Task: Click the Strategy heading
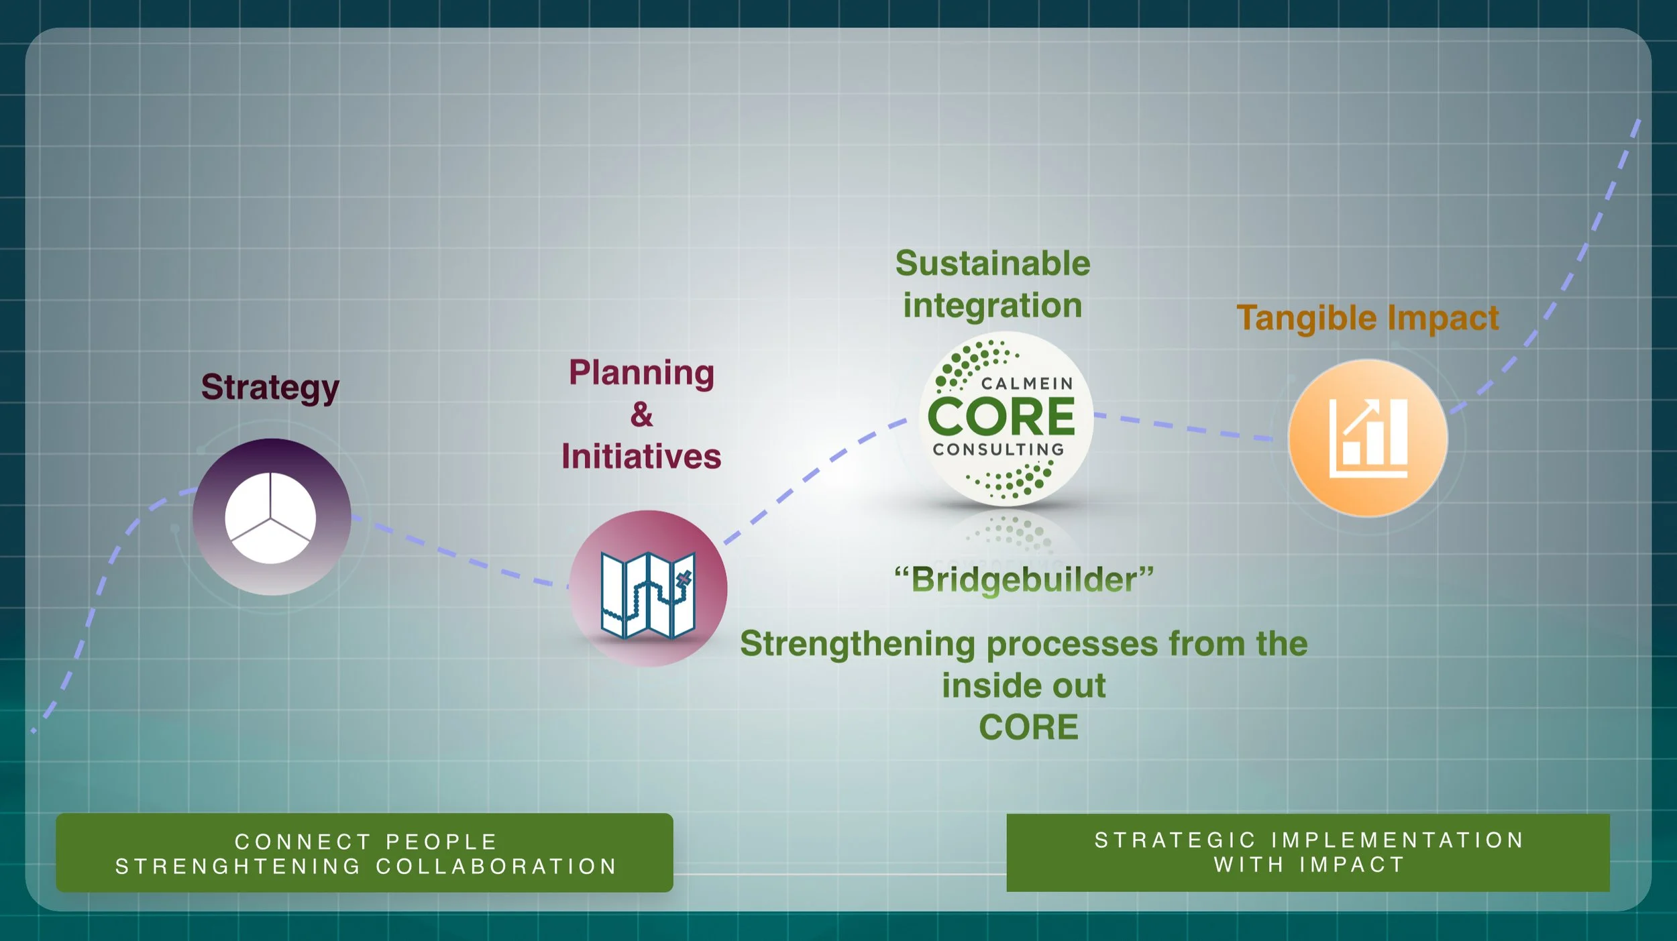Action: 270,388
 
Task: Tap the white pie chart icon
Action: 270,518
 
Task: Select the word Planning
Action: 641,373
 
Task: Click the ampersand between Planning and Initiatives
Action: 641,414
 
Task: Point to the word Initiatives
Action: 641,457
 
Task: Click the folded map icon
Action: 648,594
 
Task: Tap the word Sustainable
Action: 993,263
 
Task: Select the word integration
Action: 993,306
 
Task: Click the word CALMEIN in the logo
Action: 1027,384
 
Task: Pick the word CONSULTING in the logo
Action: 999,449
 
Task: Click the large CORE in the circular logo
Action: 1002,417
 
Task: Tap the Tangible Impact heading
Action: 1367,318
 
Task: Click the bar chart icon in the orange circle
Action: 1368,439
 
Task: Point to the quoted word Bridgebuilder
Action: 1024,579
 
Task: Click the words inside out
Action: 1024,686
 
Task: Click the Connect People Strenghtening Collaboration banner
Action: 364,853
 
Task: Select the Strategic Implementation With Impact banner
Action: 1308,852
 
